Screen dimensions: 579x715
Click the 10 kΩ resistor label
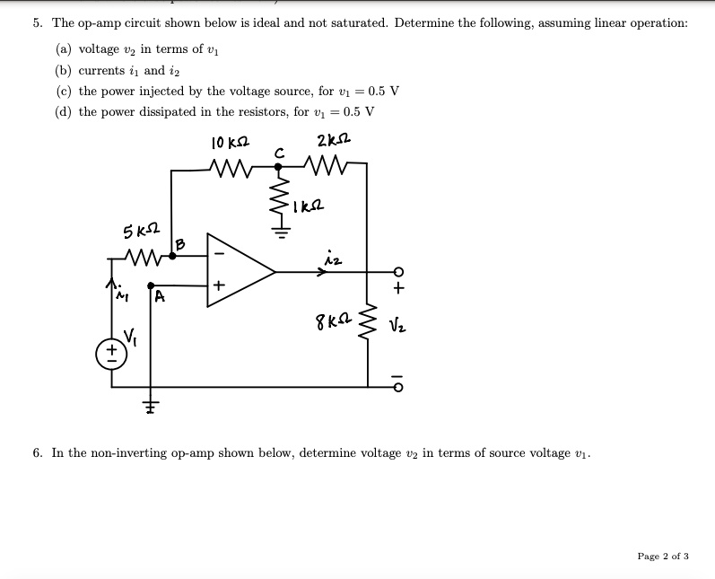(230, 143)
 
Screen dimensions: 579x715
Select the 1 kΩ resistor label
(306, 207)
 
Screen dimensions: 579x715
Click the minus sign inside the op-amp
(216, 253)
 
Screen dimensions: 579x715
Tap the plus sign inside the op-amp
(217, 287)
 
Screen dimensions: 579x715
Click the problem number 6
(37, 453)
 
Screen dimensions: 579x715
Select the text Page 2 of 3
(663, 557)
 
